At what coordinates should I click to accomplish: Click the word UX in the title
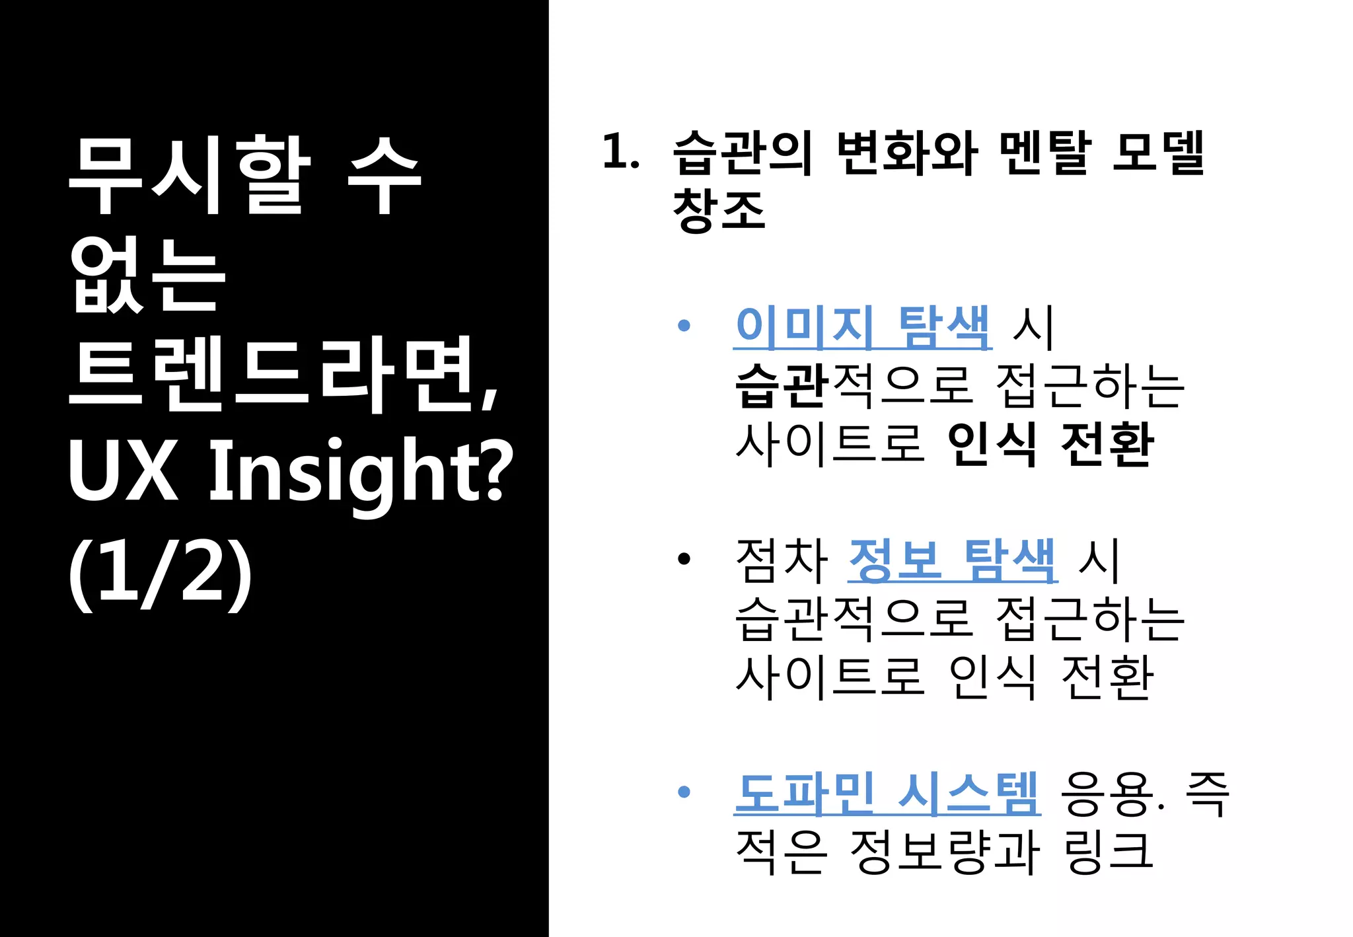(x=123, y=470)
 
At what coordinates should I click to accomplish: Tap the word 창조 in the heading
(x=719, y=209)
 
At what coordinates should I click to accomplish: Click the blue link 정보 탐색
(x=952, y=560)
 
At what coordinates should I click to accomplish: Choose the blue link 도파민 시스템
(x=887, y=792)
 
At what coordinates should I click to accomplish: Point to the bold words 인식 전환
(x=1050, y=444)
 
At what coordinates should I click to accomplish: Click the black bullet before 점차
(x=684, y=559)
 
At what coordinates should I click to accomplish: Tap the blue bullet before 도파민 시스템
(x=684, y=791)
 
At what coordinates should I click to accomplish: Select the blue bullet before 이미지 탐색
(x=684, y=325)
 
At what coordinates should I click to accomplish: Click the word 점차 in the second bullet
(x=781, y=560)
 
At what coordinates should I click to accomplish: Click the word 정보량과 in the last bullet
(x=945, y=851)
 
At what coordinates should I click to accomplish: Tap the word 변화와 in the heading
(x=906, y=153)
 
